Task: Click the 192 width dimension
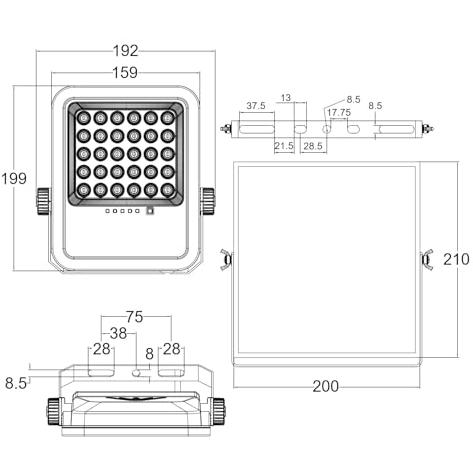125,51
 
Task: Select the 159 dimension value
125,73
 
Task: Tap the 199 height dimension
14,179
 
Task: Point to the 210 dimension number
456,259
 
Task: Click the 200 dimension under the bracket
326,386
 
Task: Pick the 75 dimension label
135,317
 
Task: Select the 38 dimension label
119,333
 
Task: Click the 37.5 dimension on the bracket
256,106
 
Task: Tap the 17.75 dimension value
339,112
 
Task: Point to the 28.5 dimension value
313,146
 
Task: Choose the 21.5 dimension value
284,146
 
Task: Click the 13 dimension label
286,98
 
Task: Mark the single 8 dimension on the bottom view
150,354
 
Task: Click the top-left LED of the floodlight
83,118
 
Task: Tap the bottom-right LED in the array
168,190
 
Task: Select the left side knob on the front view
43,201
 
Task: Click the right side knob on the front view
208,201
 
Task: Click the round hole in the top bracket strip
327,128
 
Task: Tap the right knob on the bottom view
219,412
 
